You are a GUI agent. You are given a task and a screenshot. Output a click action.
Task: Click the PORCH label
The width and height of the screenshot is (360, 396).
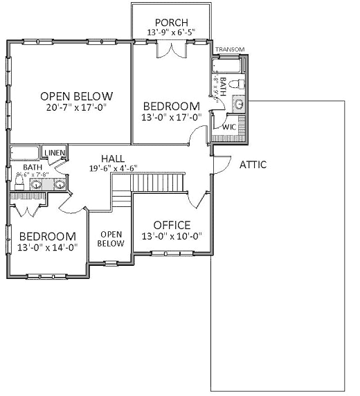[x=171, y=22]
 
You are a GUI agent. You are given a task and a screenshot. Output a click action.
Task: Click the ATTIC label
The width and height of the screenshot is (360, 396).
[x=253, y=165]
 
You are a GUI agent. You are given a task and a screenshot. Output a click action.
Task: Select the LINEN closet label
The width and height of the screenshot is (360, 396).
[x=54, y=152]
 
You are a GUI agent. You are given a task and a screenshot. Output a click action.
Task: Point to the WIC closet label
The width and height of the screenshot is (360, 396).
[x=228, y=127]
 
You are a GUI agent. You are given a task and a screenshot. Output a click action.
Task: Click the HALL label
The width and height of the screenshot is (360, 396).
[x=112, y=158]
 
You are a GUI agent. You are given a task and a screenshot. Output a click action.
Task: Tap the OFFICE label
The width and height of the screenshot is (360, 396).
[x=172, y=225]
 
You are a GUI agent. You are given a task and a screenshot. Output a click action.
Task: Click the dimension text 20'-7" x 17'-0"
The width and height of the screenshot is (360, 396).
[x=76, y=108]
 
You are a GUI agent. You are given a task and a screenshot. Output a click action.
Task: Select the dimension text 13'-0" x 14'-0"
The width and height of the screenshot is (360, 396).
[x=46, y=246]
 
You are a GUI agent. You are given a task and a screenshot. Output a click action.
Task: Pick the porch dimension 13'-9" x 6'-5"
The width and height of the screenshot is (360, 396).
[x=171, y=33]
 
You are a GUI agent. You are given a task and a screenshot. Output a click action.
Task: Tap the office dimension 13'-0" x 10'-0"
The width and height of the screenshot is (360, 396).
[x=172, y=236]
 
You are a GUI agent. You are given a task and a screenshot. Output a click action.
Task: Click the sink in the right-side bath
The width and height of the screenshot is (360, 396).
[x=237, y=105]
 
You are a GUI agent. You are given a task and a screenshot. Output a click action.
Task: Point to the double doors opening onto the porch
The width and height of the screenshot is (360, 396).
[x=171, y=50]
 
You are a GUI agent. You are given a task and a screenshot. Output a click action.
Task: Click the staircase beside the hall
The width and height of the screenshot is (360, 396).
[x=159, y=183]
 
